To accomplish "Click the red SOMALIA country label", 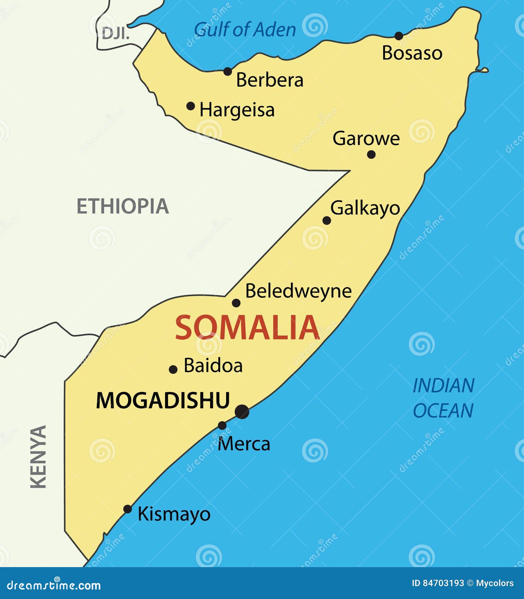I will click(247, 328).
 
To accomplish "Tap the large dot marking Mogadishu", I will click(242, 412).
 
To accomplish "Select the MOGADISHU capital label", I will click(163, 401).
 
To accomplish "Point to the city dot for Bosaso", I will click(399, 36).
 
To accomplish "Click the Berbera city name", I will click(270, 80).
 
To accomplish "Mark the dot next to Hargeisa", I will click(191, 106).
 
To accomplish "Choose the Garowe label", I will click(366, 138).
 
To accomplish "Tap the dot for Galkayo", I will click(327, 220).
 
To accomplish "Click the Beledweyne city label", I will click(298, 291).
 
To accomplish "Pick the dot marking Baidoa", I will click(173, 369).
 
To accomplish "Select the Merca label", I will click(244, 444).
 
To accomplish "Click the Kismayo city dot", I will click(127, 509).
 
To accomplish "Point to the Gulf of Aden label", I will click(245, 29).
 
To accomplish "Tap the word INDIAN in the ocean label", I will click(443, 386).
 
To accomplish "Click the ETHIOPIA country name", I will click(123, 206).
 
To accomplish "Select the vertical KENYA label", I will click(38, 457).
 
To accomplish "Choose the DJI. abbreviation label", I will click(116, 34).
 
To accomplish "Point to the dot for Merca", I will click(222, 425).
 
